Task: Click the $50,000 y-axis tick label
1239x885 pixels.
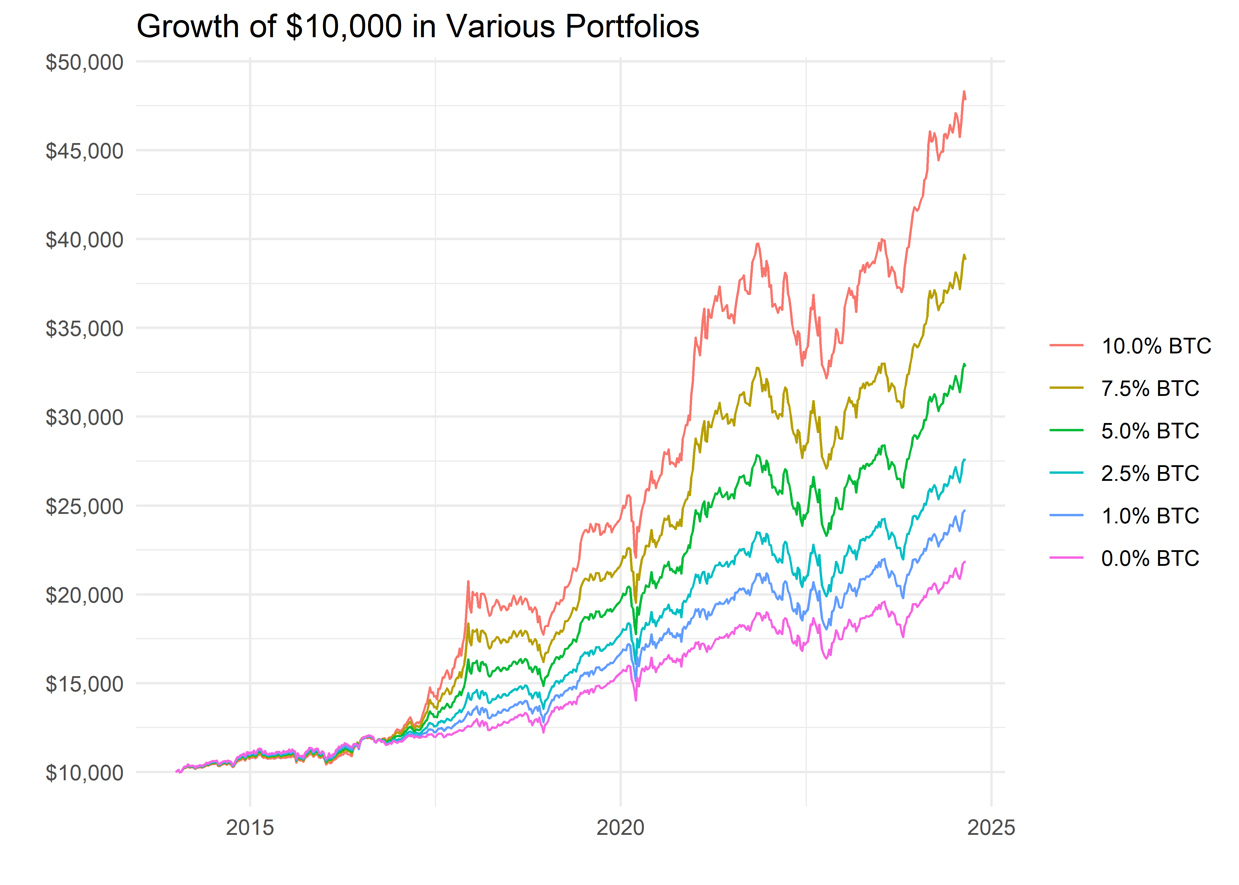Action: click(84, 62)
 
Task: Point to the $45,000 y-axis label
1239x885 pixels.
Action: click(84, 151)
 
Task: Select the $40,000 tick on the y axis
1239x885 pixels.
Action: click(84, 240)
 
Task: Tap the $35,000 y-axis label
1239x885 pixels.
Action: click(84, 329)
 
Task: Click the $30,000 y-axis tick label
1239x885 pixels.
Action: click(84, 417)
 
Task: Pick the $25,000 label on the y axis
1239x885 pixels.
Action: click(84, 506)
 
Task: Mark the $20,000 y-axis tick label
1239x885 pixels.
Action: click(84, 595)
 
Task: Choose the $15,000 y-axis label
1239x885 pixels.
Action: click(84, 684)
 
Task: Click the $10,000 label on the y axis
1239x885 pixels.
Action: click(84, 773)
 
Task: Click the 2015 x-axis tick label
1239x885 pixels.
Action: click(250, 827)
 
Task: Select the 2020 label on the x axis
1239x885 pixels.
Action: click(621, 827)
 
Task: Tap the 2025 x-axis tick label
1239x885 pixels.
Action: click(991, 827)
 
